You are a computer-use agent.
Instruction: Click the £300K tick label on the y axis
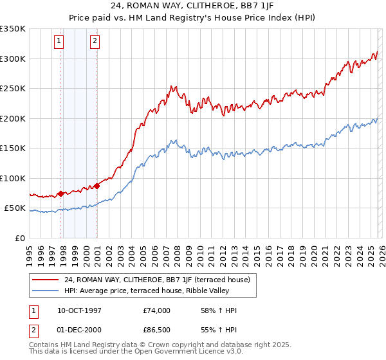point(13,59)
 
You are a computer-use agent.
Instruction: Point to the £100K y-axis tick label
point(13,178)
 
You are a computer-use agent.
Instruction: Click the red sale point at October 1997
point(61,193)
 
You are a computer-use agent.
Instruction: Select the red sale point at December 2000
point(97,186)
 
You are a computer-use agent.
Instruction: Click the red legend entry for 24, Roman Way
point(152,280)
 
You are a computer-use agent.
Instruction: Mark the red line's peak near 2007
point(170,85)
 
